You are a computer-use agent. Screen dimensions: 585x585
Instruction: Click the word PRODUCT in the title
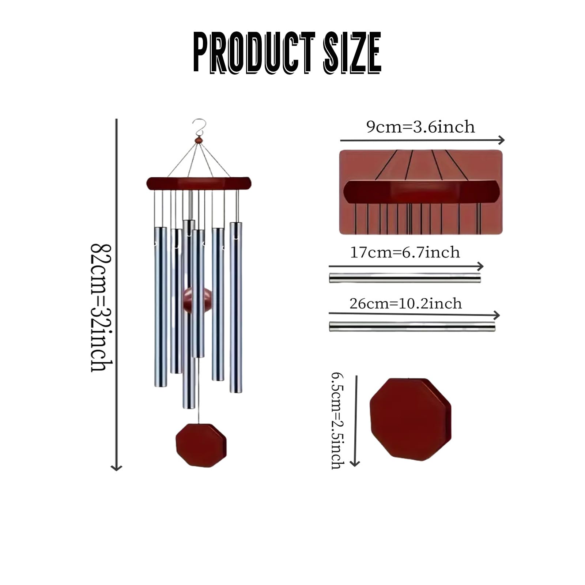click(254, 53)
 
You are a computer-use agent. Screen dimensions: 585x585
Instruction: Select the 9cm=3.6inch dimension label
click(420, 127)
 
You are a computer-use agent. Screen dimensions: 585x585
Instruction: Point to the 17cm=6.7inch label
click(405, 252)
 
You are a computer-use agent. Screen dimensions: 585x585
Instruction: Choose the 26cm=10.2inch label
click(405, 303)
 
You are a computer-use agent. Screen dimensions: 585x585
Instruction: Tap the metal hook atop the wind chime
click(199, 127)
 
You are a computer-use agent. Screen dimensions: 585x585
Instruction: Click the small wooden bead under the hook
click(199, 140)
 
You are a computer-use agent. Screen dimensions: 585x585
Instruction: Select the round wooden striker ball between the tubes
click(197, 300)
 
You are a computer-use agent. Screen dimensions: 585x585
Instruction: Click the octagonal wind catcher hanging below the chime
click(201, 445)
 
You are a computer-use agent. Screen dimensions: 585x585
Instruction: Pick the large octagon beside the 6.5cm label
click(411, 419)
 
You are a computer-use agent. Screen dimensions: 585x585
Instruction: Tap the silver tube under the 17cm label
click(405, 278)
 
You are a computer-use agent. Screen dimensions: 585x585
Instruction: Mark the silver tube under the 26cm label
click(412, 327)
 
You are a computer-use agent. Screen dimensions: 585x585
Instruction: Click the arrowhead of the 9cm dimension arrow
click(502, 140)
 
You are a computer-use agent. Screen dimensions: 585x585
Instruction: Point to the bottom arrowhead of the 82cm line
click(116, 467)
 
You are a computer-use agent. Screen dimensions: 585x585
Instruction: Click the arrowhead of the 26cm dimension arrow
click(497, 315)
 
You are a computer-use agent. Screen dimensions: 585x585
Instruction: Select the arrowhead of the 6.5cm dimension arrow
click(355, 463)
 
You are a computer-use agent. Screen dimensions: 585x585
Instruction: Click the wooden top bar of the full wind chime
click(199, 184)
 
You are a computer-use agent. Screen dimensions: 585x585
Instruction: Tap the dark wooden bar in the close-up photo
click(422, 192)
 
